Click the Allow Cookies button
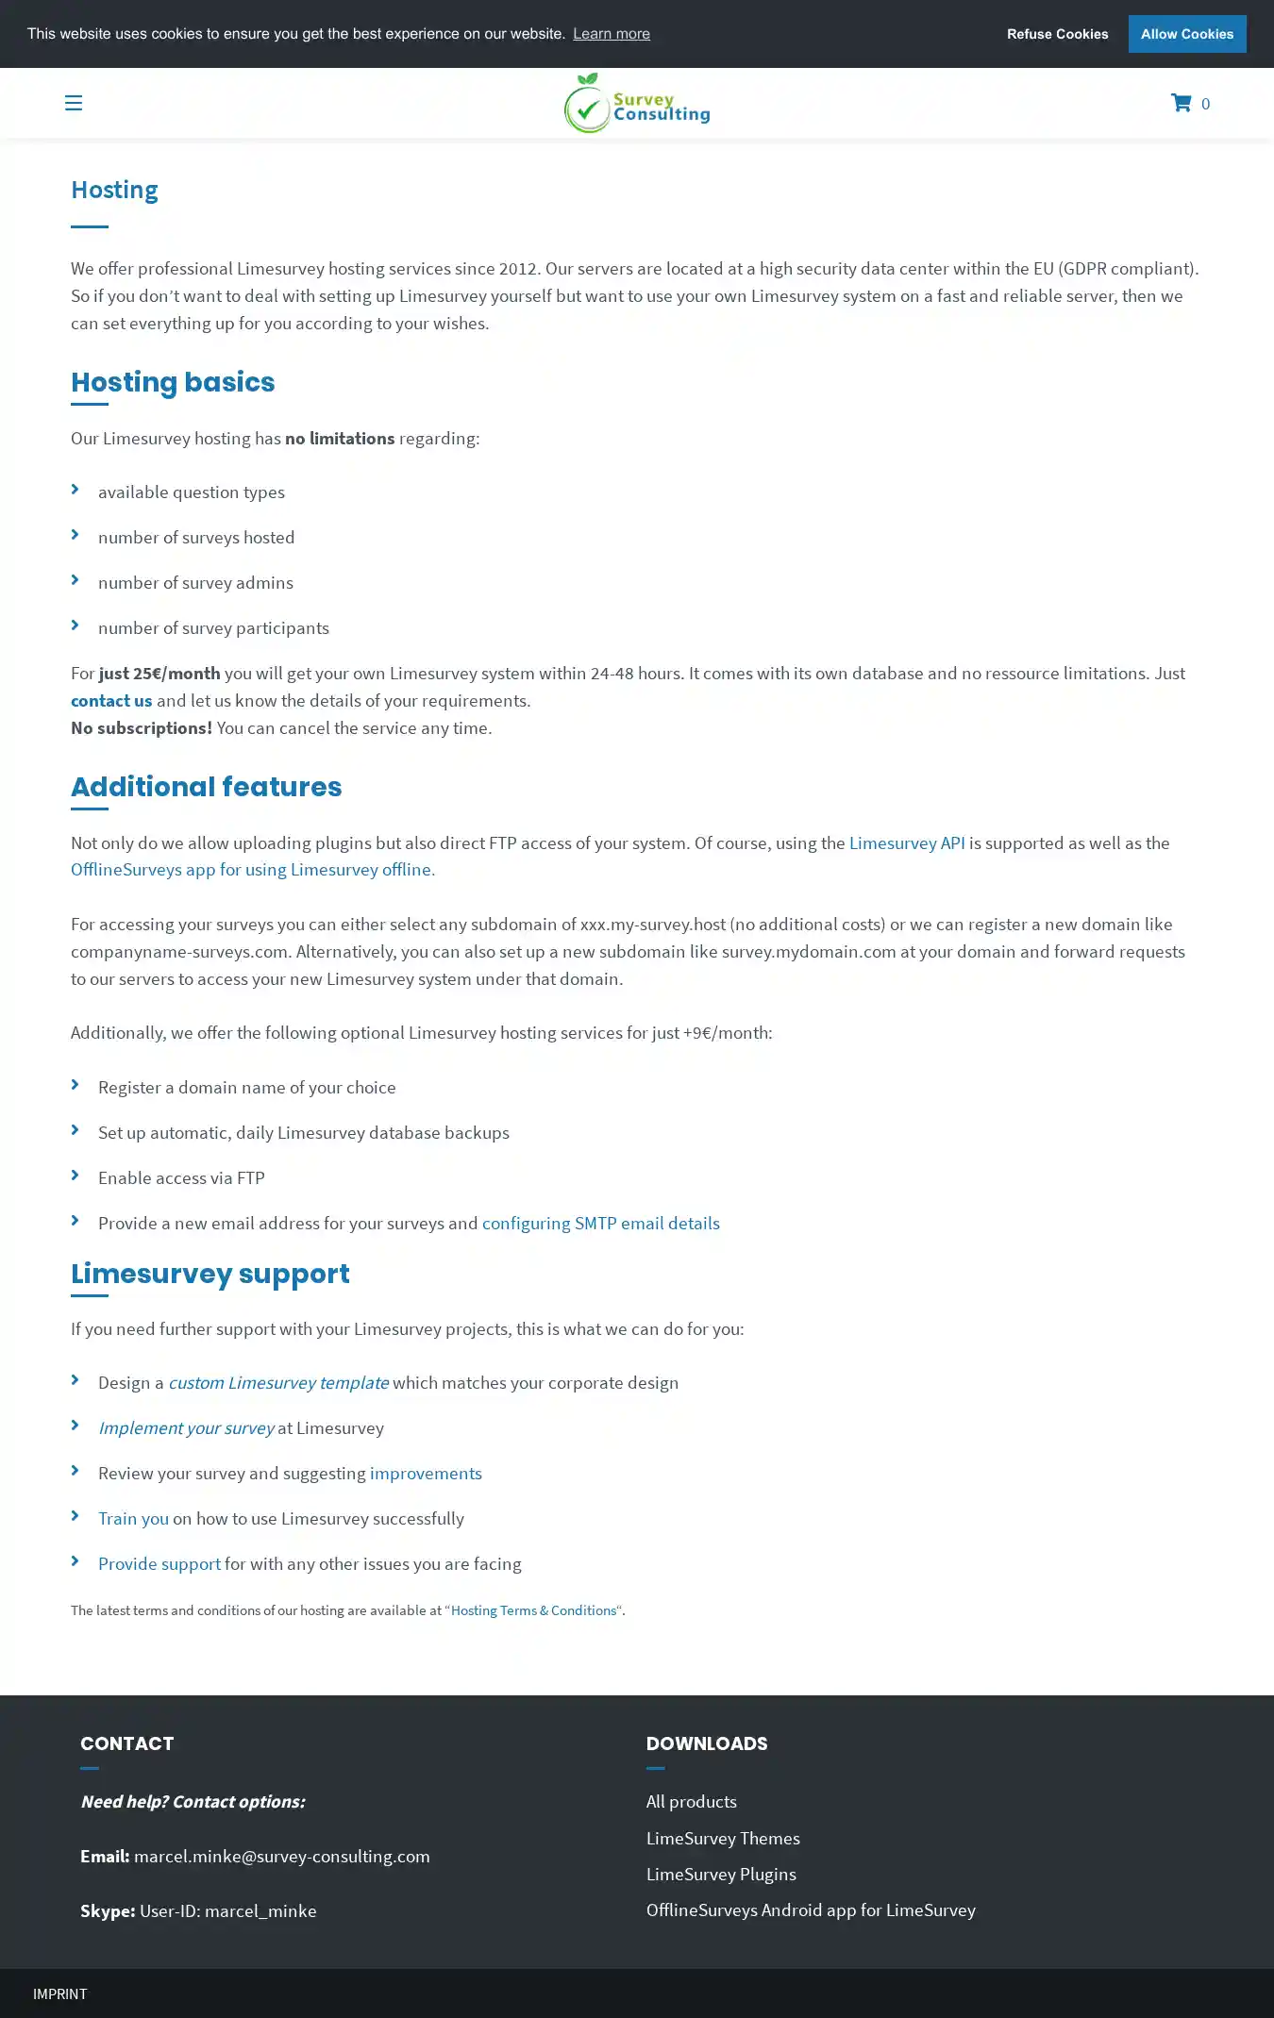tap(1186, 34)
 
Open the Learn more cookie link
tap(611, 34)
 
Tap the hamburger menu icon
tap(74, 103)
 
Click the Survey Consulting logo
tap(637, 104)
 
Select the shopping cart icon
tap(1181, 103)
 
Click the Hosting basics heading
tap(173, 382)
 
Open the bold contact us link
tap(111, 700)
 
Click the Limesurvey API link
tap(906, 842)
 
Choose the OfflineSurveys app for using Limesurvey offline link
tap(253, 869)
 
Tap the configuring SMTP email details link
tap(600, 1223)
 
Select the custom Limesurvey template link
tap(278, 1382)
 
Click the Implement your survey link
tap(186, 1427)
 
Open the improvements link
tap(426, 1473)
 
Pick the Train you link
tap(133, 1518)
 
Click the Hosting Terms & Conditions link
tap(533, 1610)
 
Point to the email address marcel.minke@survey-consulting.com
tap(281, 1856)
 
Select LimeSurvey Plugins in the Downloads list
tap(721, 1874)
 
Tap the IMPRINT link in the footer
tap(59, 1993)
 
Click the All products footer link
tap(691, 1801)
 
